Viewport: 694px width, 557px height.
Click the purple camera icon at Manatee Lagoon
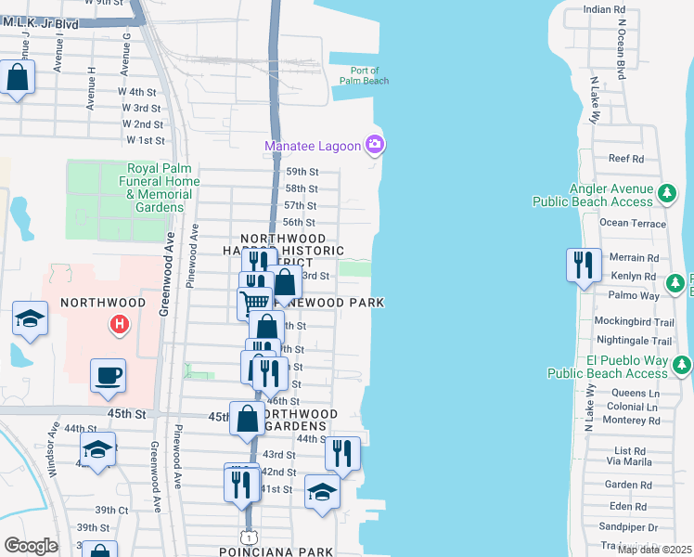click(375, 144)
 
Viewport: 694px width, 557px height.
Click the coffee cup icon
click(108, 375)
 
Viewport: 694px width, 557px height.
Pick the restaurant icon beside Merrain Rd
click(584, 265)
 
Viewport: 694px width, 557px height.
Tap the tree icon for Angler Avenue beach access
click(666, 194)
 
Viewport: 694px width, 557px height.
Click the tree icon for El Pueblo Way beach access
click(682, 366)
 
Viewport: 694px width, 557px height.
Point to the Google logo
click(31, 546)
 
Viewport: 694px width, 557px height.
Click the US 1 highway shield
click(248, 538)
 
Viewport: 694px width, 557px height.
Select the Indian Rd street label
click(605, 9)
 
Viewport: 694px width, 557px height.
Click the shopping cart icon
click(253, 303)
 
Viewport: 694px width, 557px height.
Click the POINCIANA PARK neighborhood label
click(276, 552)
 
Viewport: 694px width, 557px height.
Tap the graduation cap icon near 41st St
click(322, 492)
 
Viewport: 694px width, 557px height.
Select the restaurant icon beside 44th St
click(342, 454)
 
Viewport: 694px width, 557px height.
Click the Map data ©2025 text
click(654, 550)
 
